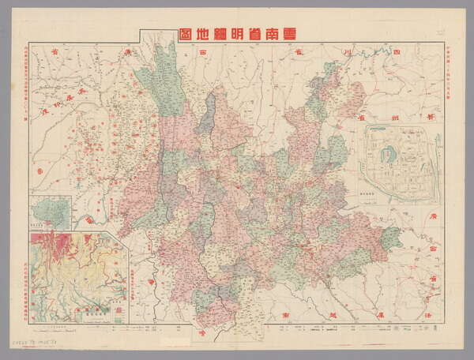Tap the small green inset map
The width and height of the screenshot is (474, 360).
[x=49, y=215]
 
